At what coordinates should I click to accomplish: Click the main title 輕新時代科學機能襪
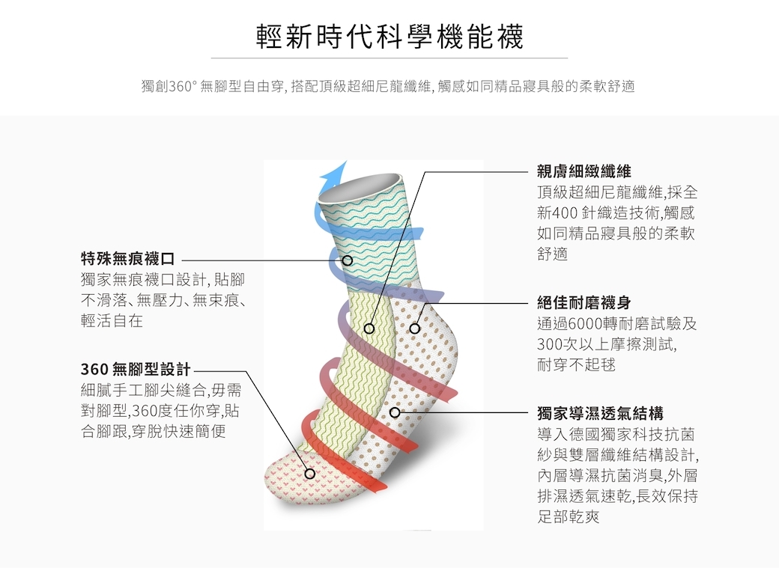tap(389, 36)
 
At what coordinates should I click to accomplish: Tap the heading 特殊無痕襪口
tap(128, 259)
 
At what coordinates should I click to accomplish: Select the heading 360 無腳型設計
tap(136, 370)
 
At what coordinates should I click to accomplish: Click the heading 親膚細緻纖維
tap(584, 172)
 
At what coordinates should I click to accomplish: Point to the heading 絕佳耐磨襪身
tap(584, 302)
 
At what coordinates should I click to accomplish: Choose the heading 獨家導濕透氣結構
tap(600, 413)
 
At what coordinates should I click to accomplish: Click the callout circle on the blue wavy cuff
tap(348, 260)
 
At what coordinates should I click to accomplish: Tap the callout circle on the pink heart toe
tap(309, 474)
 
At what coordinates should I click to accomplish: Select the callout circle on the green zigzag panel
tap(369, 329)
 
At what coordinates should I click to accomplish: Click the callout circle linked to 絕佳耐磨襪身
tap(414, 329)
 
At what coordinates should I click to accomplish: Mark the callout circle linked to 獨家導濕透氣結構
tap(395, 412)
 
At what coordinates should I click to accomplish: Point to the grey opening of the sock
tap(360, 186)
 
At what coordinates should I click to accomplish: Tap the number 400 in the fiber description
tap(564, 213)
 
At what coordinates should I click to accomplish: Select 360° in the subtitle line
tap(183, 86)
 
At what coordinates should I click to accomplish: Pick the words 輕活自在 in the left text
tap(112, 321)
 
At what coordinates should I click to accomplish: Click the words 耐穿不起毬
tap(576, 365)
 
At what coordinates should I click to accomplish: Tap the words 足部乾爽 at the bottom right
tap(569, 516)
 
